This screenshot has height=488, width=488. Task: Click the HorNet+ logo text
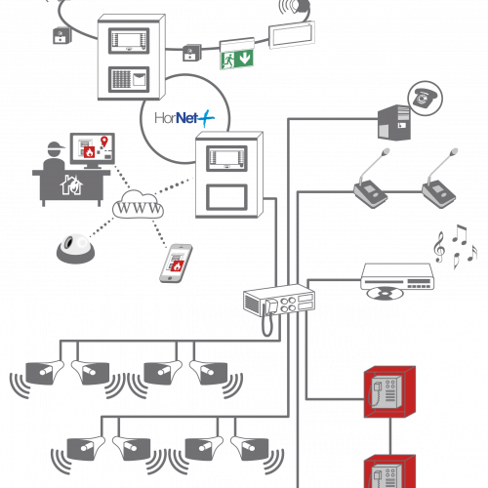pyautogui.click(x=184, y=118)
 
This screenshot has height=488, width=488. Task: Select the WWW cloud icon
pyautogui.click(x=138, y=205)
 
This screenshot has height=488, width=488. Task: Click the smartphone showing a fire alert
pyautogui.click(x=176, y=264)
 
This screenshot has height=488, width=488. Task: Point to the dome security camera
pyautogui.click(x=76, y=249)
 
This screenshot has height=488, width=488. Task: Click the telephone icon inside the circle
pyautogui.click(x=425, y=98)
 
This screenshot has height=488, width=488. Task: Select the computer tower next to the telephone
pyautogui.click(x=394, y=123)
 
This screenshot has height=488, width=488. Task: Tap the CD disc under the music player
pyautogui.click(x=385, y=294)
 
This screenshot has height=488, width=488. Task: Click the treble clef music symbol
pyautogui.click(x=439, y=247)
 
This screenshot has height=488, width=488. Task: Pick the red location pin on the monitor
pyautogui.click(x=104, y=141)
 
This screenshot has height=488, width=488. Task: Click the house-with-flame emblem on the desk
pyautogui.click(x=71, y=185)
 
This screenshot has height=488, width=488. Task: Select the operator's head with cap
pyautogui.click(x=56, y=149)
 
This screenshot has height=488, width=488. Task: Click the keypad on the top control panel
pyautogui.click(x=121, y=79)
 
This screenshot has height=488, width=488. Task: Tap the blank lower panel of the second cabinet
pyautogui.click(x=226, y=197)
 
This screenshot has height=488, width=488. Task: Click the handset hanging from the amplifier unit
pyautogui.click(x=268, y=317)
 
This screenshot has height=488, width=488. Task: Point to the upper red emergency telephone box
pyautogui.click(x=389, y=391)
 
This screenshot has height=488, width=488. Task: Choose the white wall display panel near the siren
pyautogui.click(x=292, y=35)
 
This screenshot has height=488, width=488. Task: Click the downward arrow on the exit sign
pyautogui.click(x=245, y=58)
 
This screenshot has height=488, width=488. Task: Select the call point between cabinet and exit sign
pyautogui.click(x=192, y=53)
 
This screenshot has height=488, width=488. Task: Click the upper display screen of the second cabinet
pyautogui.click(x=226, y=158)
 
